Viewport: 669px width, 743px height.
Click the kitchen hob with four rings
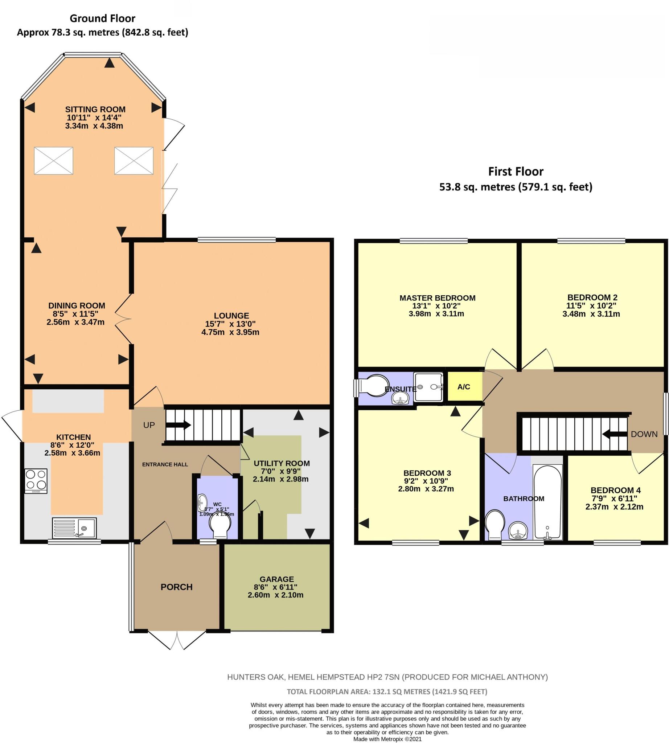click(x=36, y=480)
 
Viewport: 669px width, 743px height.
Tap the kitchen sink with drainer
click(x=74, y=528)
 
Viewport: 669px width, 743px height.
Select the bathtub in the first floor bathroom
click(x=547, y=502)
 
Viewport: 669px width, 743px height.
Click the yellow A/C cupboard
click(x=464, y=387)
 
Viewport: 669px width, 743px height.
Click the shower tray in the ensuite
click(x=428, y=387)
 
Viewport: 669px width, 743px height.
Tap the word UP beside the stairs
click(x=149, y=425)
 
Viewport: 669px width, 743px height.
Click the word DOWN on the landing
click(x=644, y=434)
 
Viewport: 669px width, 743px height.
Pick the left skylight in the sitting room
click(x=54, y=161)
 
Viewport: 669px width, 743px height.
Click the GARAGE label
click(x=276, y=579)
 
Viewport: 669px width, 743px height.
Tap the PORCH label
click(x=176, y=587)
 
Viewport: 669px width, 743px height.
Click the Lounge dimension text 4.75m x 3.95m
click(x=230, y=332)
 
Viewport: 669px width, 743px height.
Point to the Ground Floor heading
click(x=102, y=19)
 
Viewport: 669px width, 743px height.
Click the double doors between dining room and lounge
click(x=123, y=319)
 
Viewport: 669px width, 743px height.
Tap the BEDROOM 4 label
click(x=615, y=490)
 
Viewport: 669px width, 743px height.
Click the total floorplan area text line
click(x=387, y=691)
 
